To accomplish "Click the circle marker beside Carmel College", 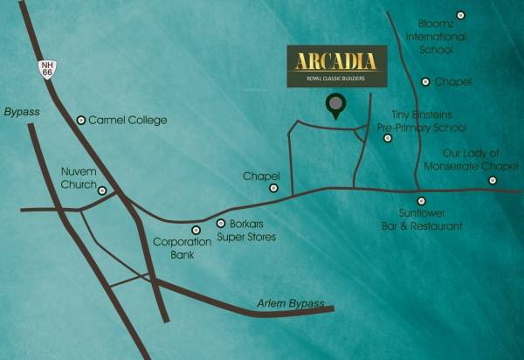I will [81, 120].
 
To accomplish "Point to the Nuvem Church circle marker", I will [102, 190].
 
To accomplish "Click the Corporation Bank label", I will [182, 247].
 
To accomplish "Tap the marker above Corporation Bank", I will [196, 229].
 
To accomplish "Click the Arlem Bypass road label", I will [290, 303].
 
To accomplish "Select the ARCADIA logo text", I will [335, 61].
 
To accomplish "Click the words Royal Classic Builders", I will [335, 79].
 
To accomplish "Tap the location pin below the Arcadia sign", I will [334, 107].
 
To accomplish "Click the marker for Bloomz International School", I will [460, 15].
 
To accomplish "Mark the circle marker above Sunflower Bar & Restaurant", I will [420, 201].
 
